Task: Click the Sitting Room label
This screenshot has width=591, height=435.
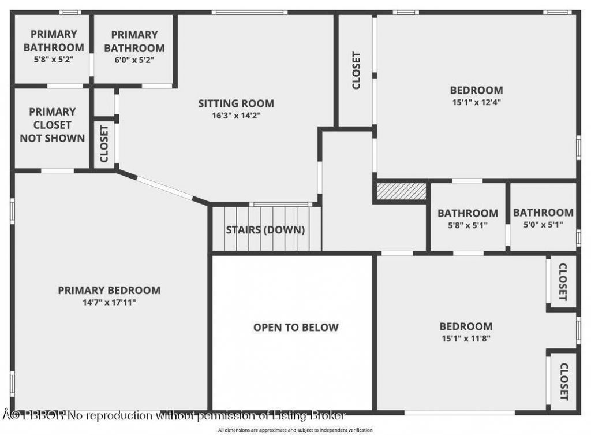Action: tap(236, 104)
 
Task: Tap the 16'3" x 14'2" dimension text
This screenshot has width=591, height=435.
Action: tap(236, 115)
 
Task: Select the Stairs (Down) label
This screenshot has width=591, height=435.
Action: tap(265, 230)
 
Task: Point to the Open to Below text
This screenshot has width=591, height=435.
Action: tap(296, 328)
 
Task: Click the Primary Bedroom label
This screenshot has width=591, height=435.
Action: tap(109, 290)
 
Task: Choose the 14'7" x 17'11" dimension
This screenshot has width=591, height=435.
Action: tap(109, 302)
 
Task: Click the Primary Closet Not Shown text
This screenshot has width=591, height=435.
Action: tap(52, 125)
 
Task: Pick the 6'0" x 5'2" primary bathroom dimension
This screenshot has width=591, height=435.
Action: tap(134, 59)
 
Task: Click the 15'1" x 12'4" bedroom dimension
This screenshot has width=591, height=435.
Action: tap(476, 102)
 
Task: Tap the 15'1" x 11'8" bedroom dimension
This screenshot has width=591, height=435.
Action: tap(466, 339)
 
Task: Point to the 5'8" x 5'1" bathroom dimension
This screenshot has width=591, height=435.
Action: tap(467, 225)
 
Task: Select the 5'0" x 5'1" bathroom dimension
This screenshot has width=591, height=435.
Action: tap(543, 225)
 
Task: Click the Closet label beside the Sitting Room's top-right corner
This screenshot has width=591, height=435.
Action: tap(356, 70)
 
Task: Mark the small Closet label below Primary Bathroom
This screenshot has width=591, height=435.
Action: tap(104, 144)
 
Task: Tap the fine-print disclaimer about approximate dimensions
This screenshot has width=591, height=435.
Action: tap(295, 430)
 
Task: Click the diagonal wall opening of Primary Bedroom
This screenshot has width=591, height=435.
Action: tap(164, 188)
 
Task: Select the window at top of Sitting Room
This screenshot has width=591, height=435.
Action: tap(249, 12)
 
